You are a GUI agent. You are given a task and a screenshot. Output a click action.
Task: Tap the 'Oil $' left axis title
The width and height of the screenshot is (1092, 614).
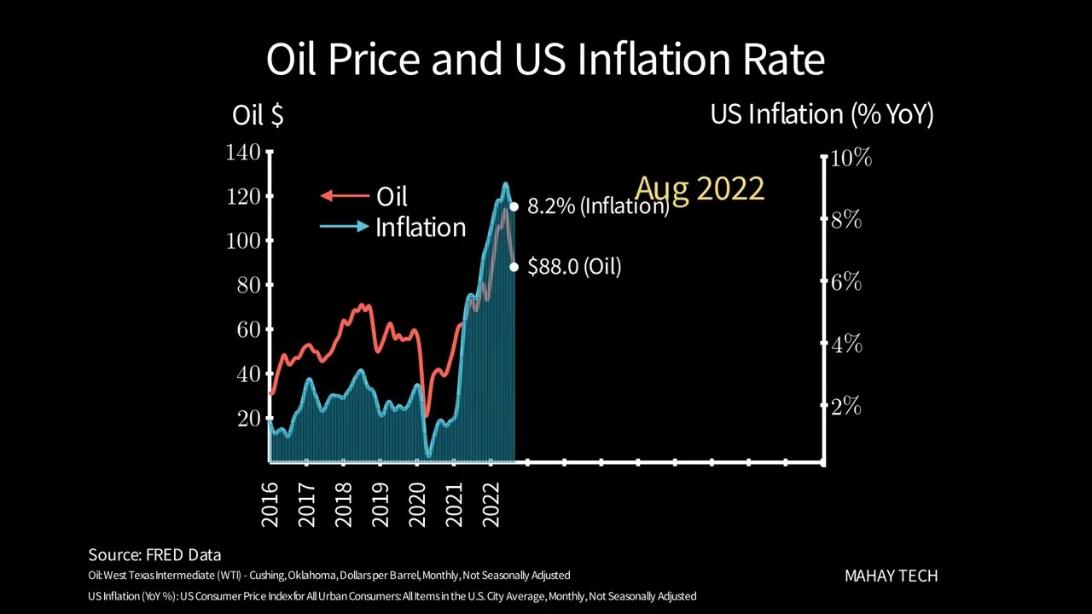(x=257, y=115)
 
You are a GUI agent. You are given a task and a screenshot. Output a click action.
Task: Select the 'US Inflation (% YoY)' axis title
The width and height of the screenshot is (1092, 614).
(x=822, y=114)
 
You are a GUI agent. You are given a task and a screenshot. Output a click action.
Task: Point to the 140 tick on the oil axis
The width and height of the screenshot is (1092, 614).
(x=243, y=153)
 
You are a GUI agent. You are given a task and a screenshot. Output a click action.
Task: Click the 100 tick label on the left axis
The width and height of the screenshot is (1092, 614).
(x=243, y=240)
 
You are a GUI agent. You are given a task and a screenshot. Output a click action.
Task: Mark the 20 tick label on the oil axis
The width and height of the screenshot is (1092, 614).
(x=249, y=418)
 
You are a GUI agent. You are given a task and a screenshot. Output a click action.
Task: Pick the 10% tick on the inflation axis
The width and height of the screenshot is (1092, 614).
(x=851, y=158)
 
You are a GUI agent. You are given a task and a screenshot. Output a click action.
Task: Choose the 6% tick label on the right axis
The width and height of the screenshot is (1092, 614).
(x=845, y=282)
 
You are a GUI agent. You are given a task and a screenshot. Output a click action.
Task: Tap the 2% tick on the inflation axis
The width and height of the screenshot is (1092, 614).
(x=845, y=407)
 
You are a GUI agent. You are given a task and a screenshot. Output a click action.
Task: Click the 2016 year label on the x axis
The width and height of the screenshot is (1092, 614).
(x=270, y=504)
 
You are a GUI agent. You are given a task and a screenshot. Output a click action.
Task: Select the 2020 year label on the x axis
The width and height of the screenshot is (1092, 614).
(x=417, y=504)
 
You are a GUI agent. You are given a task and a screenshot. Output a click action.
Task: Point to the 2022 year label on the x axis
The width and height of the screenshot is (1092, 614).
(x=491, y=504)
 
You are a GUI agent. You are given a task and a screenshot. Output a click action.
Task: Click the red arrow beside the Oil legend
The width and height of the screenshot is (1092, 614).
(x=344, y=196)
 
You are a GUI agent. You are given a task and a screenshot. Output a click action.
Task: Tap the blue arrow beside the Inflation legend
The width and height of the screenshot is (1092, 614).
(x=345, y=227)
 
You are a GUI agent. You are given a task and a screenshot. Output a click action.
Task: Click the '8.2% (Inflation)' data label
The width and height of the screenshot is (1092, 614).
(x=597, y=206)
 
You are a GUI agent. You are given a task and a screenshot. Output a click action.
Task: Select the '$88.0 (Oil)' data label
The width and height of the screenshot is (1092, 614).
(x=574, y=267)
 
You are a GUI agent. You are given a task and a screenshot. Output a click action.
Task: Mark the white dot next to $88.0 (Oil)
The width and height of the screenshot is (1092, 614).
(x=514, y=267)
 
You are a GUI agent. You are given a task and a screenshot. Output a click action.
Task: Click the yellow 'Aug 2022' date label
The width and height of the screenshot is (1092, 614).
(x=700, y=188)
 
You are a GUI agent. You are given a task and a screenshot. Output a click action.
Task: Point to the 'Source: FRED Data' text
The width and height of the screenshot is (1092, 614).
(x=154, y=555)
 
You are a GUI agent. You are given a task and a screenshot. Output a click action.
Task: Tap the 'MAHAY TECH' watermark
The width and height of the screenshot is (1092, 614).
(x=891, y=576)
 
